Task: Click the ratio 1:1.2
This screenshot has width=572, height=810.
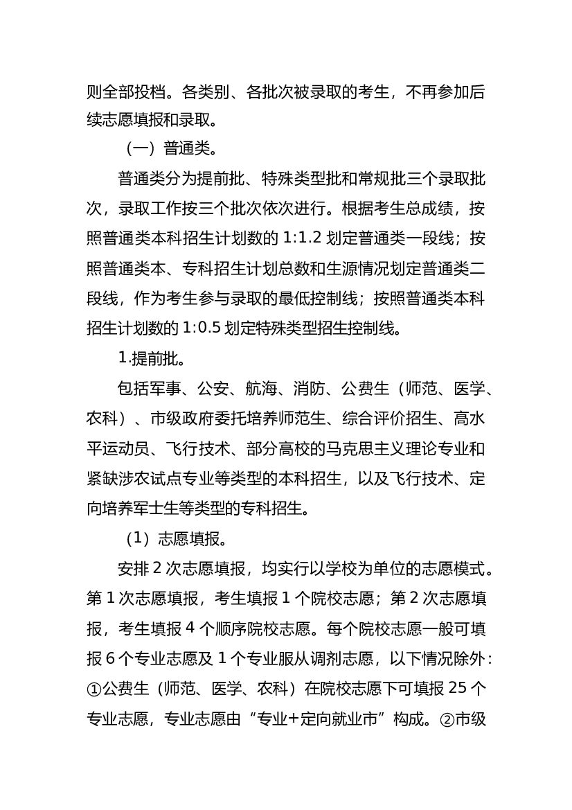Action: point(303,239)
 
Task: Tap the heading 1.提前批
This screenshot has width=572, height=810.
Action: point(150,359)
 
